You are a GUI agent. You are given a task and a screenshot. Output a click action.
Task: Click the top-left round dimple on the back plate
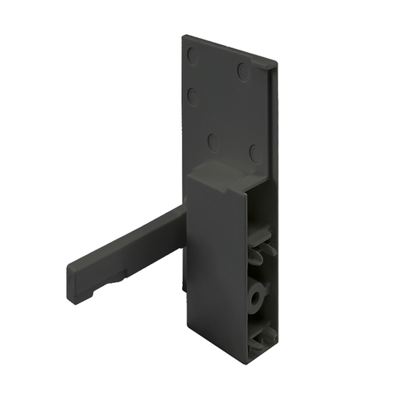point(193,56)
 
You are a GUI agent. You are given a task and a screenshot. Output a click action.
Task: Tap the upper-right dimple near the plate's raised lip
point(243,72)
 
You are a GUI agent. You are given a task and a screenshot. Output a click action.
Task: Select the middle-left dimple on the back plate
point(192,97)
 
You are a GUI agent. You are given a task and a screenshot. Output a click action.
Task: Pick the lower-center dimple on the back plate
point(212,141)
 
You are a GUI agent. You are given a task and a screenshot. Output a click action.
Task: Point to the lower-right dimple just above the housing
point(254,153)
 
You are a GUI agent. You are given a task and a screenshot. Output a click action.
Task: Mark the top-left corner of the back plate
point(184,37)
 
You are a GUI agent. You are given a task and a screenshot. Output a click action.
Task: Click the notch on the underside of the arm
point(124,274)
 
